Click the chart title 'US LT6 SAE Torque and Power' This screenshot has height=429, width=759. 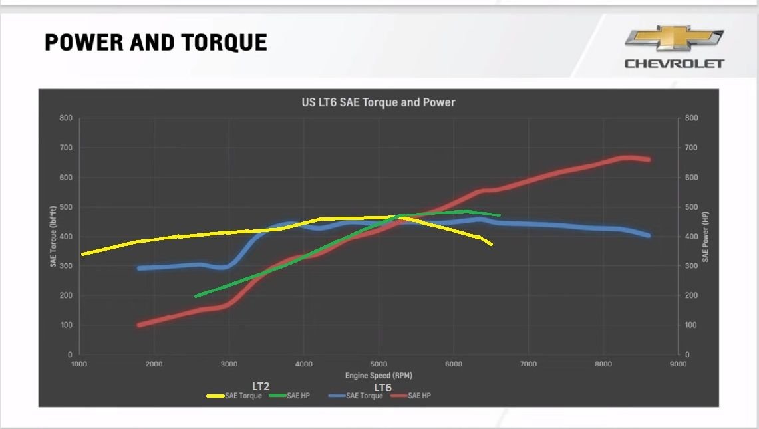coord(378,102)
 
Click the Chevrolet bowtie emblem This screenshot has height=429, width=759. coord(674,39)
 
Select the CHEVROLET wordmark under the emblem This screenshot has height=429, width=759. coord(674,64)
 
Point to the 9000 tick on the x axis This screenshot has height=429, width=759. coord(678,364)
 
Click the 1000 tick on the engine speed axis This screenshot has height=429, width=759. coord(79,364)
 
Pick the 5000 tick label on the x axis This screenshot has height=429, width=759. coord(379,364)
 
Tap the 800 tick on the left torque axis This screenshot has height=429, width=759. coord(65,118)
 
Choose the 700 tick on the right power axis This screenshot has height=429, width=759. coord(692,148)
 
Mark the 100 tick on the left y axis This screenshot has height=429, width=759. coord(65,325)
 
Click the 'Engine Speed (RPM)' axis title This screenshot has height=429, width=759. coord(378,376)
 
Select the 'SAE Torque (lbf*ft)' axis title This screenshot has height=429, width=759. coord(53,236)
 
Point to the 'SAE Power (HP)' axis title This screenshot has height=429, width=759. coord(705,236)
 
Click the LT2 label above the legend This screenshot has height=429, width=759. coord(261,386)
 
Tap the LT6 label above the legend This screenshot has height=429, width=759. coord(382,387)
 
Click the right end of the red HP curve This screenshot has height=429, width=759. coord(648,159)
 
